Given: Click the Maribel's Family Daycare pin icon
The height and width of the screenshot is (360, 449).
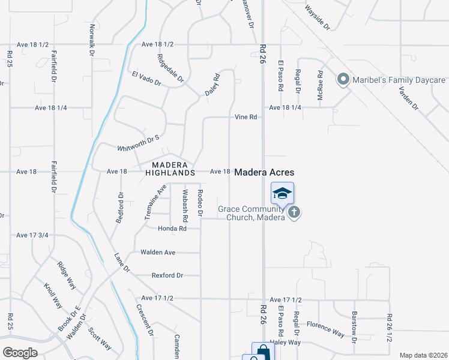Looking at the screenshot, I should [343, 80].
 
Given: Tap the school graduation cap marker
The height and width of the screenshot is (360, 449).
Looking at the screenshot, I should [282, 193].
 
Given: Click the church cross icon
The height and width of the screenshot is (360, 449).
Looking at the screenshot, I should [294, 212].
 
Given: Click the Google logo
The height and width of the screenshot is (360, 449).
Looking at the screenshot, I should [20, 353].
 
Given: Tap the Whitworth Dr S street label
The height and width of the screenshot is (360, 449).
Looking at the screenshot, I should [139, 142].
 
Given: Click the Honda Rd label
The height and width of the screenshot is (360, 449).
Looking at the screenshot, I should [172, 229].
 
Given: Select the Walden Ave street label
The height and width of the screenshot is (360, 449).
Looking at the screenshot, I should [157, 253].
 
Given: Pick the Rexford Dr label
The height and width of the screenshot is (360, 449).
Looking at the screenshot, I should [167, 275].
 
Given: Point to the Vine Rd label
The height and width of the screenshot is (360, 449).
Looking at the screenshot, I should [246, 117].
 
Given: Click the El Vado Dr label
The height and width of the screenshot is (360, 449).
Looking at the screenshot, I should [146, 79].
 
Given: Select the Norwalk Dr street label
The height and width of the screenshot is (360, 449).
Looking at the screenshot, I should [92, 40].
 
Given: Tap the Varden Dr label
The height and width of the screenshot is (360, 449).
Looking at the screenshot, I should [408, 97].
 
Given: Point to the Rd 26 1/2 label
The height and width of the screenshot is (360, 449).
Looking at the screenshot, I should [389, 328].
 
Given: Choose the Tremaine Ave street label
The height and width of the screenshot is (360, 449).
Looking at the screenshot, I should [155, 202].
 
